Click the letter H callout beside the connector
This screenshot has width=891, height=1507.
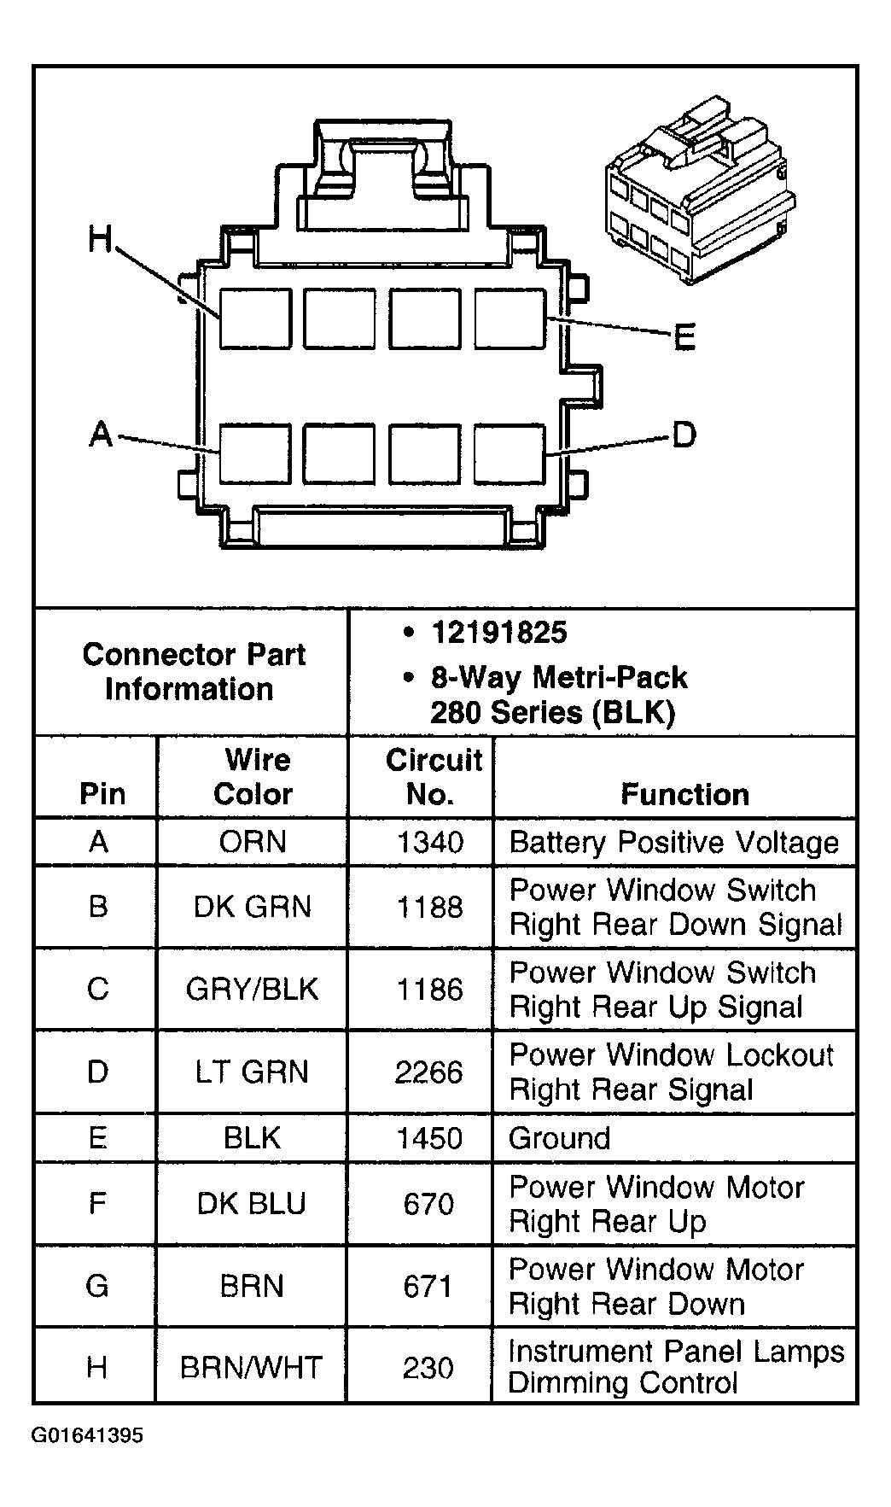100,240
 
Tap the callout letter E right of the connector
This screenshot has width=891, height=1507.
684,337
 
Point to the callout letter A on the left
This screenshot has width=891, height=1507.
102,435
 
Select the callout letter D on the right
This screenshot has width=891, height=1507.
684,435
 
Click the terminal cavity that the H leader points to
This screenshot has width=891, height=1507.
255,318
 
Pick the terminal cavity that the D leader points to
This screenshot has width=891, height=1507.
510,453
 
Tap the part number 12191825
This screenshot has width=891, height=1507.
499,633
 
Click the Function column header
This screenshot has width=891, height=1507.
684,795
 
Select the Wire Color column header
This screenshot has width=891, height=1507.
253,777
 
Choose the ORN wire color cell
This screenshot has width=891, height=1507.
253,843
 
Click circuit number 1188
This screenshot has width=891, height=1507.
430,908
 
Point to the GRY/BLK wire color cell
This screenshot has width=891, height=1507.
253,990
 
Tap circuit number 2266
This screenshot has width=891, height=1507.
429,1072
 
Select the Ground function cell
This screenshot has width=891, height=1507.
560,1138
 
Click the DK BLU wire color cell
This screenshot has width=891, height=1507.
252,1204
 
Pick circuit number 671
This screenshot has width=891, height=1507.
429,1287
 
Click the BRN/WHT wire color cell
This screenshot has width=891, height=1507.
251,1369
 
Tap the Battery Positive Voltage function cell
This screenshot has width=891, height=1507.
674,843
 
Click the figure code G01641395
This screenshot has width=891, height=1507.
88,1435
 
